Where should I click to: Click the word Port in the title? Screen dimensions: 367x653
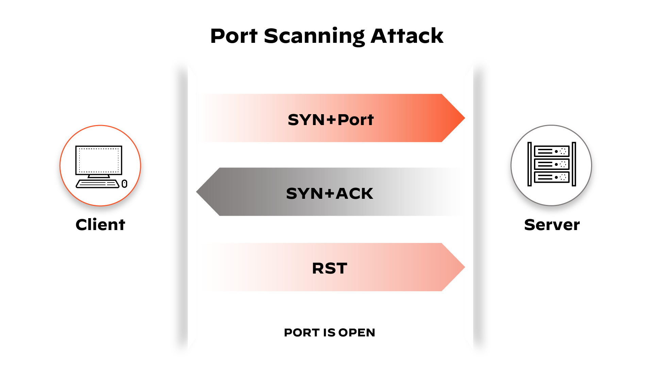click(x=234, y=36)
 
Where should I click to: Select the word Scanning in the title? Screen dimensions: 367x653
click(x=314, y=36)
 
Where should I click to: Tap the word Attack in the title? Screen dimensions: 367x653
click(x=407, y=36)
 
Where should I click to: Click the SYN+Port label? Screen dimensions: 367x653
click(x=331, y=120)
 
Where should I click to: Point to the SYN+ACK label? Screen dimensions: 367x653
click(x=330, y=193)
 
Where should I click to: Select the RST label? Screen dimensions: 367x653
click(x=330, y=268)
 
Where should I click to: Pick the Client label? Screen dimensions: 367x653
click(x=100, y=225)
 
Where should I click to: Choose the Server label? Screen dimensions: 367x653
click(x=552, y=225)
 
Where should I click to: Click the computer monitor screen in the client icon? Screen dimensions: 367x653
click(x=99, y=160)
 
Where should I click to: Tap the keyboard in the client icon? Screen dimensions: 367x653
click(x=98, y=184)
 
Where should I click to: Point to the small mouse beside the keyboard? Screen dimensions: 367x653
click(x=124, y=184)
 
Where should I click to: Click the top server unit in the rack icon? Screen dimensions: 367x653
click(x=552, y=151)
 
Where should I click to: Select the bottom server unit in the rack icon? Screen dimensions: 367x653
click(x=552, y=177)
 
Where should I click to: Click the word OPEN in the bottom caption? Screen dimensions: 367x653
click(x=357, y=332)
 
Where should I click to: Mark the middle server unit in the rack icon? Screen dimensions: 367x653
click(x=552, y=164)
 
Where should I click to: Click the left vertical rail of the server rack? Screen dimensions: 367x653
click(x=530, y=164)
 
